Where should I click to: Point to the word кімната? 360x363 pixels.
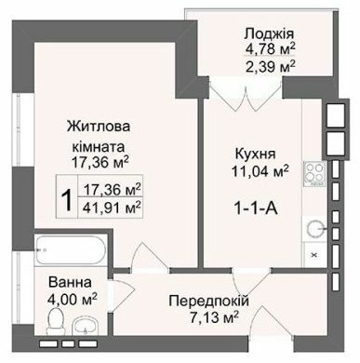tap(100, 146)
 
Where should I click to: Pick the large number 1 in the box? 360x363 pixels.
tap(66, 198)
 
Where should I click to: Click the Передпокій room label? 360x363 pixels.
tap(207, 302)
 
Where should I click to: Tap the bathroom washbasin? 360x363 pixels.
tap(87, 327)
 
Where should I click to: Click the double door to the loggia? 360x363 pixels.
tap(227, 91)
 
